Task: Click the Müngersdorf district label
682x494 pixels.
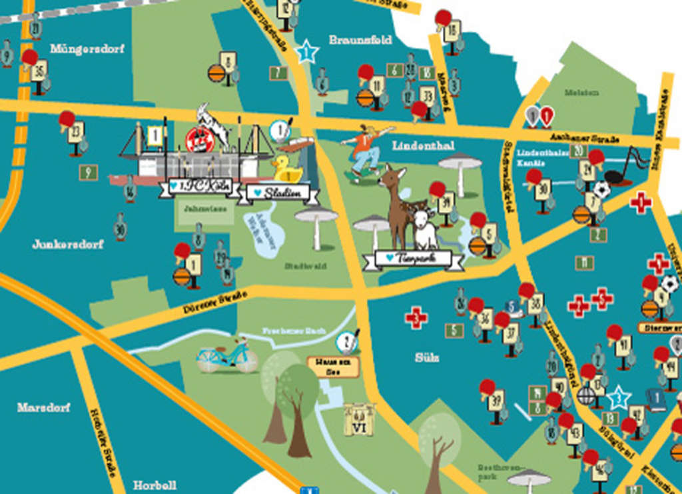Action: click(x=79, y=49)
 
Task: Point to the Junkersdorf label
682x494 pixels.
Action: click(x=68, y=244)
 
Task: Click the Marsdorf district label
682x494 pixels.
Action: click(x=43, y=407)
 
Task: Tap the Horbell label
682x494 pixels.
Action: click(x=155, y=485)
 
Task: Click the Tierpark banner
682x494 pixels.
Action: click(x=414, y=258)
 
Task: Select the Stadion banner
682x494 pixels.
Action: click(x=282, y=193)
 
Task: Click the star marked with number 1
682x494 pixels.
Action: click(x=306, y=51)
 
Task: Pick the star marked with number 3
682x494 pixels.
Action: click(x=619, y=397)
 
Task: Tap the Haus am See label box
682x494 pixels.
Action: click(x=333, y=366)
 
